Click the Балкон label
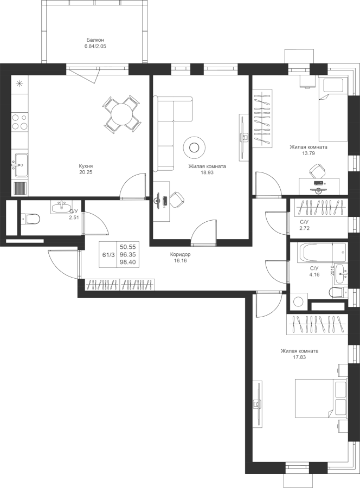pos(95,40)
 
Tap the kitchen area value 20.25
pos(86,172)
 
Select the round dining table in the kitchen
pos(122,114)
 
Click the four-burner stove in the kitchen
pos(20,121)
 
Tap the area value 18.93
pos(207,172)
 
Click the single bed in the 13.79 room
pos(332,109)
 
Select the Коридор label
pos(180,255)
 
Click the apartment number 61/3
pos(108,255)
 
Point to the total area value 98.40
pos(127,262)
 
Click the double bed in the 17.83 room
pos(321,399)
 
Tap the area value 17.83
pos(299,357)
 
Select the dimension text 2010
pos(332,269)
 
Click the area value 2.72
pos(305,228)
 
